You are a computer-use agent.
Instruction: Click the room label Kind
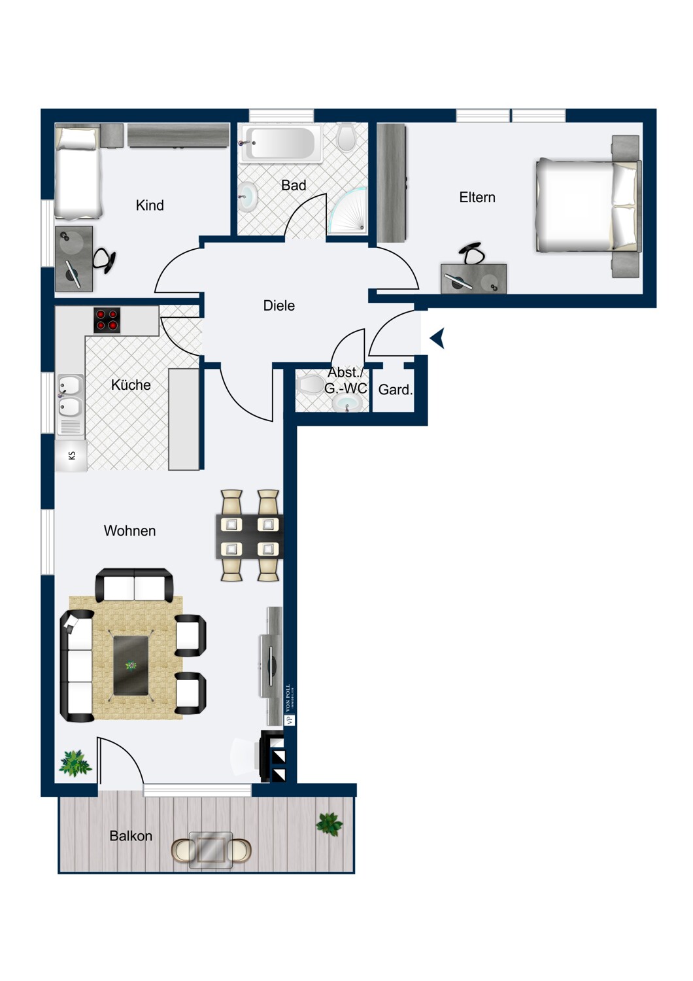point(150,205)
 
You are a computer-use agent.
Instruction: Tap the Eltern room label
point(477,198)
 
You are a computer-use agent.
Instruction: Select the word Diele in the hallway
point(279,305)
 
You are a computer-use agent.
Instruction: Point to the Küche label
point(131,385)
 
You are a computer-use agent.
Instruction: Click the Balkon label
point(131,836)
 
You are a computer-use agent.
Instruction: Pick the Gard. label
point(395,390)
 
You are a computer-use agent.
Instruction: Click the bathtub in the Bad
point(282,143)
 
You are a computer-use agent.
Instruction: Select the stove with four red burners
point(107,320)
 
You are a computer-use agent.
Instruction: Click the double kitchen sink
point(69,396)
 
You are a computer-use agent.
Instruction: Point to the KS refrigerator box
point(71,456)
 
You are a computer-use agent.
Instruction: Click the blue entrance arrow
point(437,338)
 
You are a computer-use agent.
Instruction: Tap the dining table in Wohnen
point(249,536)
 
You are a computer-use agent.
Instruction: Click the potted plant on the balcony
point(329,824)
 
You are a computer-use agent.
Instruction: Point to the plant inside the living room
point(75,763)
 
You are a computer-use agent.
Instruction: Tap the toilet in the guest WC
point(310,385)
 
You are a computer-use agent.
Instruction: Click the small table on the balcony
point(211,850)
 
